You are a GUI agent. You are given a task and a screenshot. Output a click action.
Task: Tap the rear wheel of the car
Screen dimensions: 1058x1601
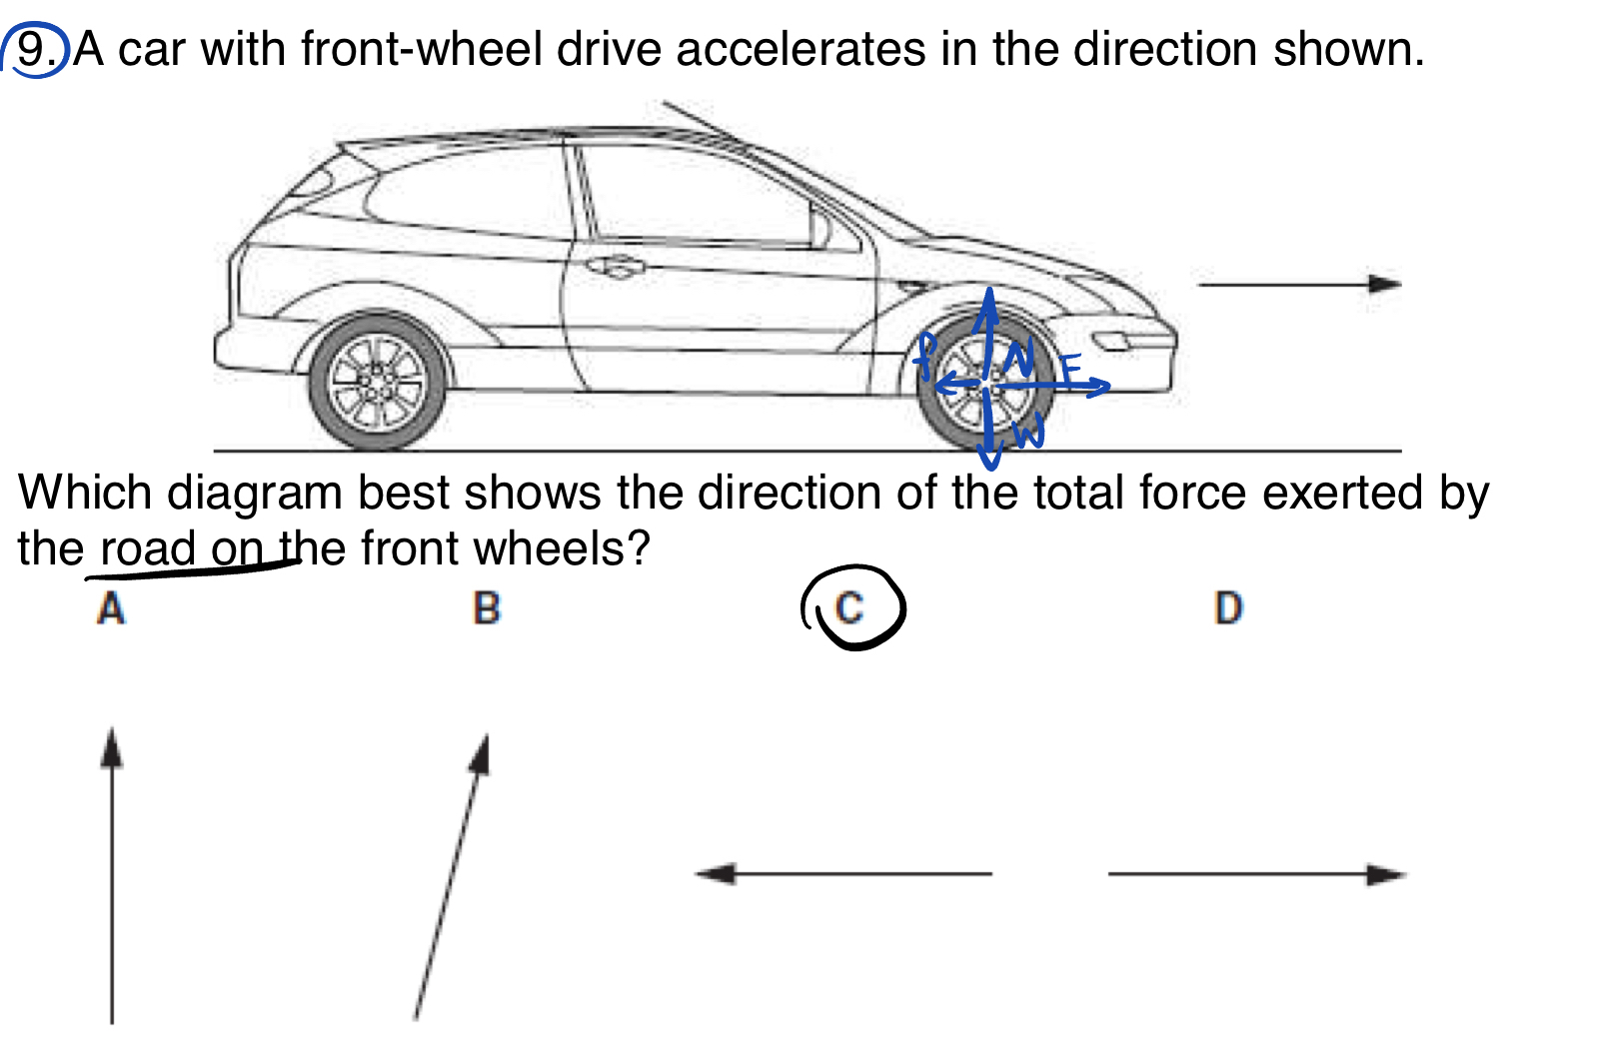coord(376,383)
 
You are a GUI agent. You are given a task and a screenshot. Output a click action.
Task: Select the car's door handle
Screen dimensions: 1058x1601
coord(617,267)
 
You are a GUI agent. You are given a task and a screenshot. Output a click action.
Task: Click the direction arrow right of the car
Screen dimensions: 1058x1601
coord(1298,285)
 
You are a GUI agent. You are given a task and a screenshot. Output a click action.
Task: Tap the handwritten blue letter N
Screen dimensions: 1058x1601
coord(1018,357)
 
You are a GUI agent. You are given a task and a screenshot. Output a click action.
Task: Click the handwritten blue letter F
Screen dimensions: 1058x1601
coord(1070,370)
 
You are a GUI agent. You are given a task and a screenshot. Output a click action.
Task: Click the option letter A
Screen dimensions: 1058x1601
coord(111,607)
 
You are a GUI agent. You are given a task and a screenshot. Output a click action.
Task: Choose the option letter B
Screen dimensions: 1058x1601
coord(486,607)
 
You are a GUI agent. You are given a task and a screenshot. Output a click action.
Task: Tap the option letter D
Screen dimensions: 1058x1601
coord(1228,607)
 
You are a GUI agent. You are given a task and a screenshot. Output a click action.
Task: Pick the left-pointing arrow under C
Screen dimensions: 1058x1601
coord(843,874)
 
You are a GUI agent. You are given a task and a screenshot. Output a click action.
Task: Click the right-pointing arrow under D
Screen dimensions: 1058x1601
coord(1256,874)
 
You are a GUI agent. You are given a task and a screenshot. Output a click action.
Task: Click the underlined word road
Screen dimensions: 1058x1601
coord(147,548)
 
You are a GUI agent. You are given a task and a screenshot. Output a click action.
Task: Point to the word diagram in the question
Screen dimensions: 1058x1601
coord(254,495)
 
